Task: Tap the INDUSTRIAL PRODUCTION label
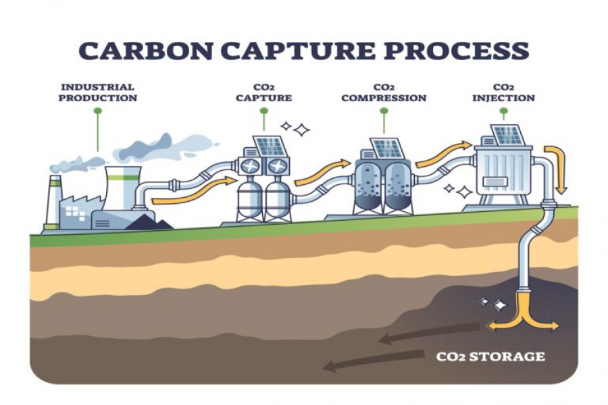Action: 97,92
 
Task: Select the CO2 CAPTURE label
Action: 263,92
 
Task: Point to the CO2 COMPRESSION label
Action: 384,92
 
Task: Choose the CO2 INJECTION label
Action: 503,92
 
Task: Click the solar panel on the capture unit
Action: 268,146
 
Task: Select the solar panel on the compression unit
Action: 387,146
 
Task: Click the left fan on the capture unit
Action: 251,166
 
